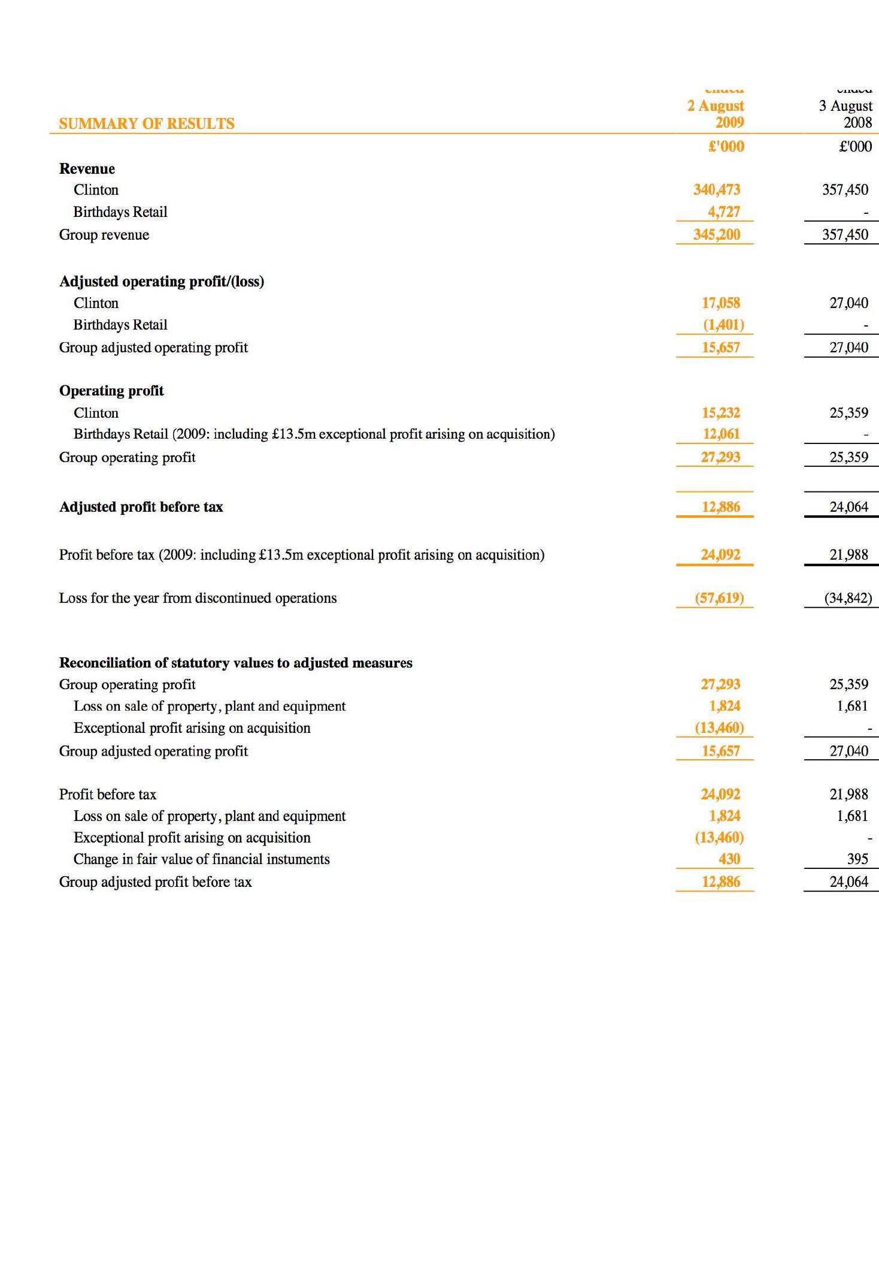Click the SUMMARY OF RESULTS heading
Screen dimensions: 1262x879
point(147,123)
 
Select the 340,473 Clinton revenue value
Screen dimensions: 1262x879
point(717,190)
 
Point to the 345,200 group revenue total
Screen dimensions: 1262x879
point(717,234)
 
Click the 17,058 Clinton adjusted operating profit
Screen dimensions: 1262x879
point(721,303)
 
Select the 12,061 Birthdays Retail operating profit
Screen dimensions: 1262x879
point(721,434)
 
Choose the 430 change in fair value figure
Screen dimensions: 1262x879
point(729,859)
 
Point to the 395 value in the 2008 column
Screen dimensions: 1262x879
point(857,859)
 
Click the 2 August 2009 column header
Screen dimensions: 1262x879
point(716,114)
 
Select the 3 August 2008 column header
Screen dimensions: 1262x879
point(845,114)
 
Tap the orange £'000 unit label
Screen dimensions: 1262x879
point(726,147)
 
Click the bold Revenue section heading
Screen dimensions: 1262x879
point(87,169)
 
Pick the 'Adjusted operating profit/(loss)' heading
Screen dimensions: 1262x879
point(162,282)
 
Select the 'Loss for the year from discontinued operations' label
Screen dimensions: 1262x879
point(198,598)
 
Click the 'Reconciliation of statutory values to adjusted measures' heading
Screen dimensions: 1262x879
point(235,663)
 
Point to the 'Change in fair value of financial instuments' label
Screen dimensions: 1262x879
point(201,859)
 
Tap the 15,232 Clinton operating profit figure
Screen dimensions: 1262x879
point(721,413)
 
